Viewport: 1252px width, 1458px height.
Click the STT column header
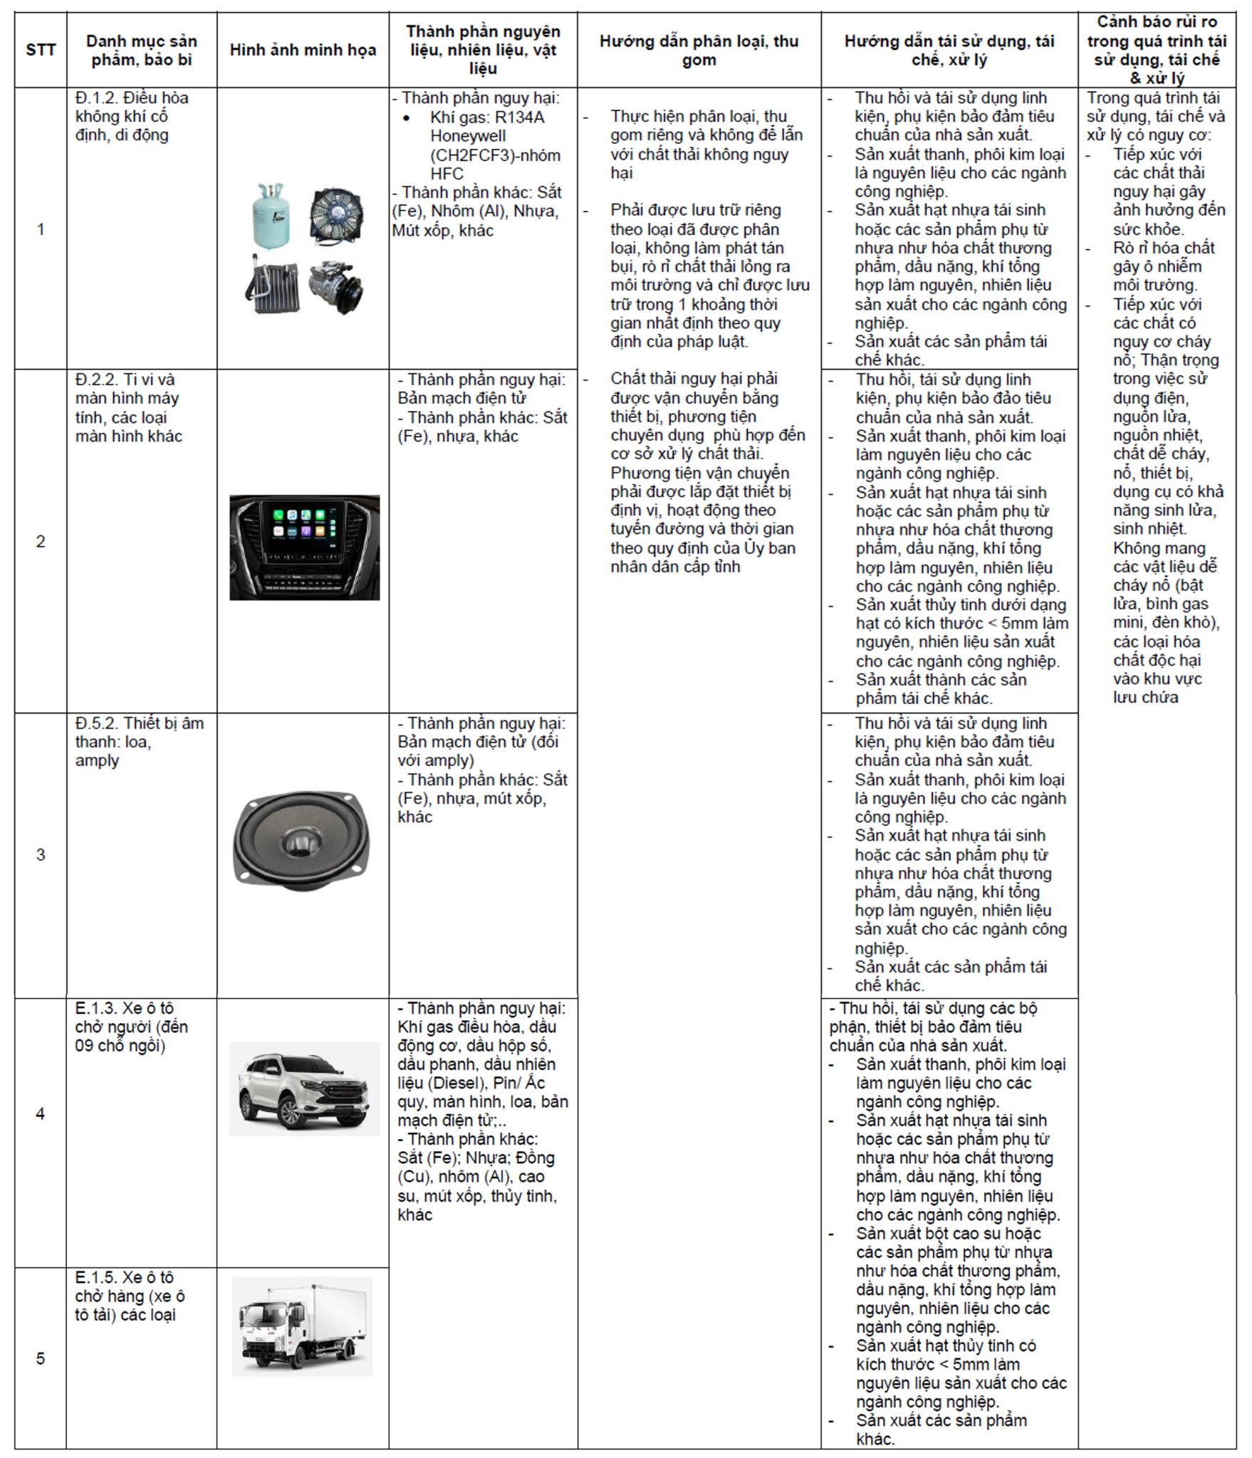(x=41, y=50)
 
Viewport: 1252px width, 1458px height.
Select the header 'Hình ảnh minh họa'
(x=303, y=50)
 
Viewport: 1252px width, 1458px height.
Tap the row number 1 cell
(x=41, y=229)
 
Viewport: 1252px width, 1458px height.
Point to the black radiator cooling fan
(x=335, y=214)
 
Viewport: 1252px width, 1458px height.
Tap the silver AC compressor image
(x=334, y=285)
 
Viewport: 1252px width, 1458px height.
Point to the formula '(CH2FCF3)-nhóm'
(x=495, y=155)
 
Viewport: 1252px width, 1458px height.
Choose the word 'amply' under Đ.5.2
(x=97, y=760)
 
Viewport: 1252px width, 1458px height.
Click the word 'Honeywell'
(x=468, y=136)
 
